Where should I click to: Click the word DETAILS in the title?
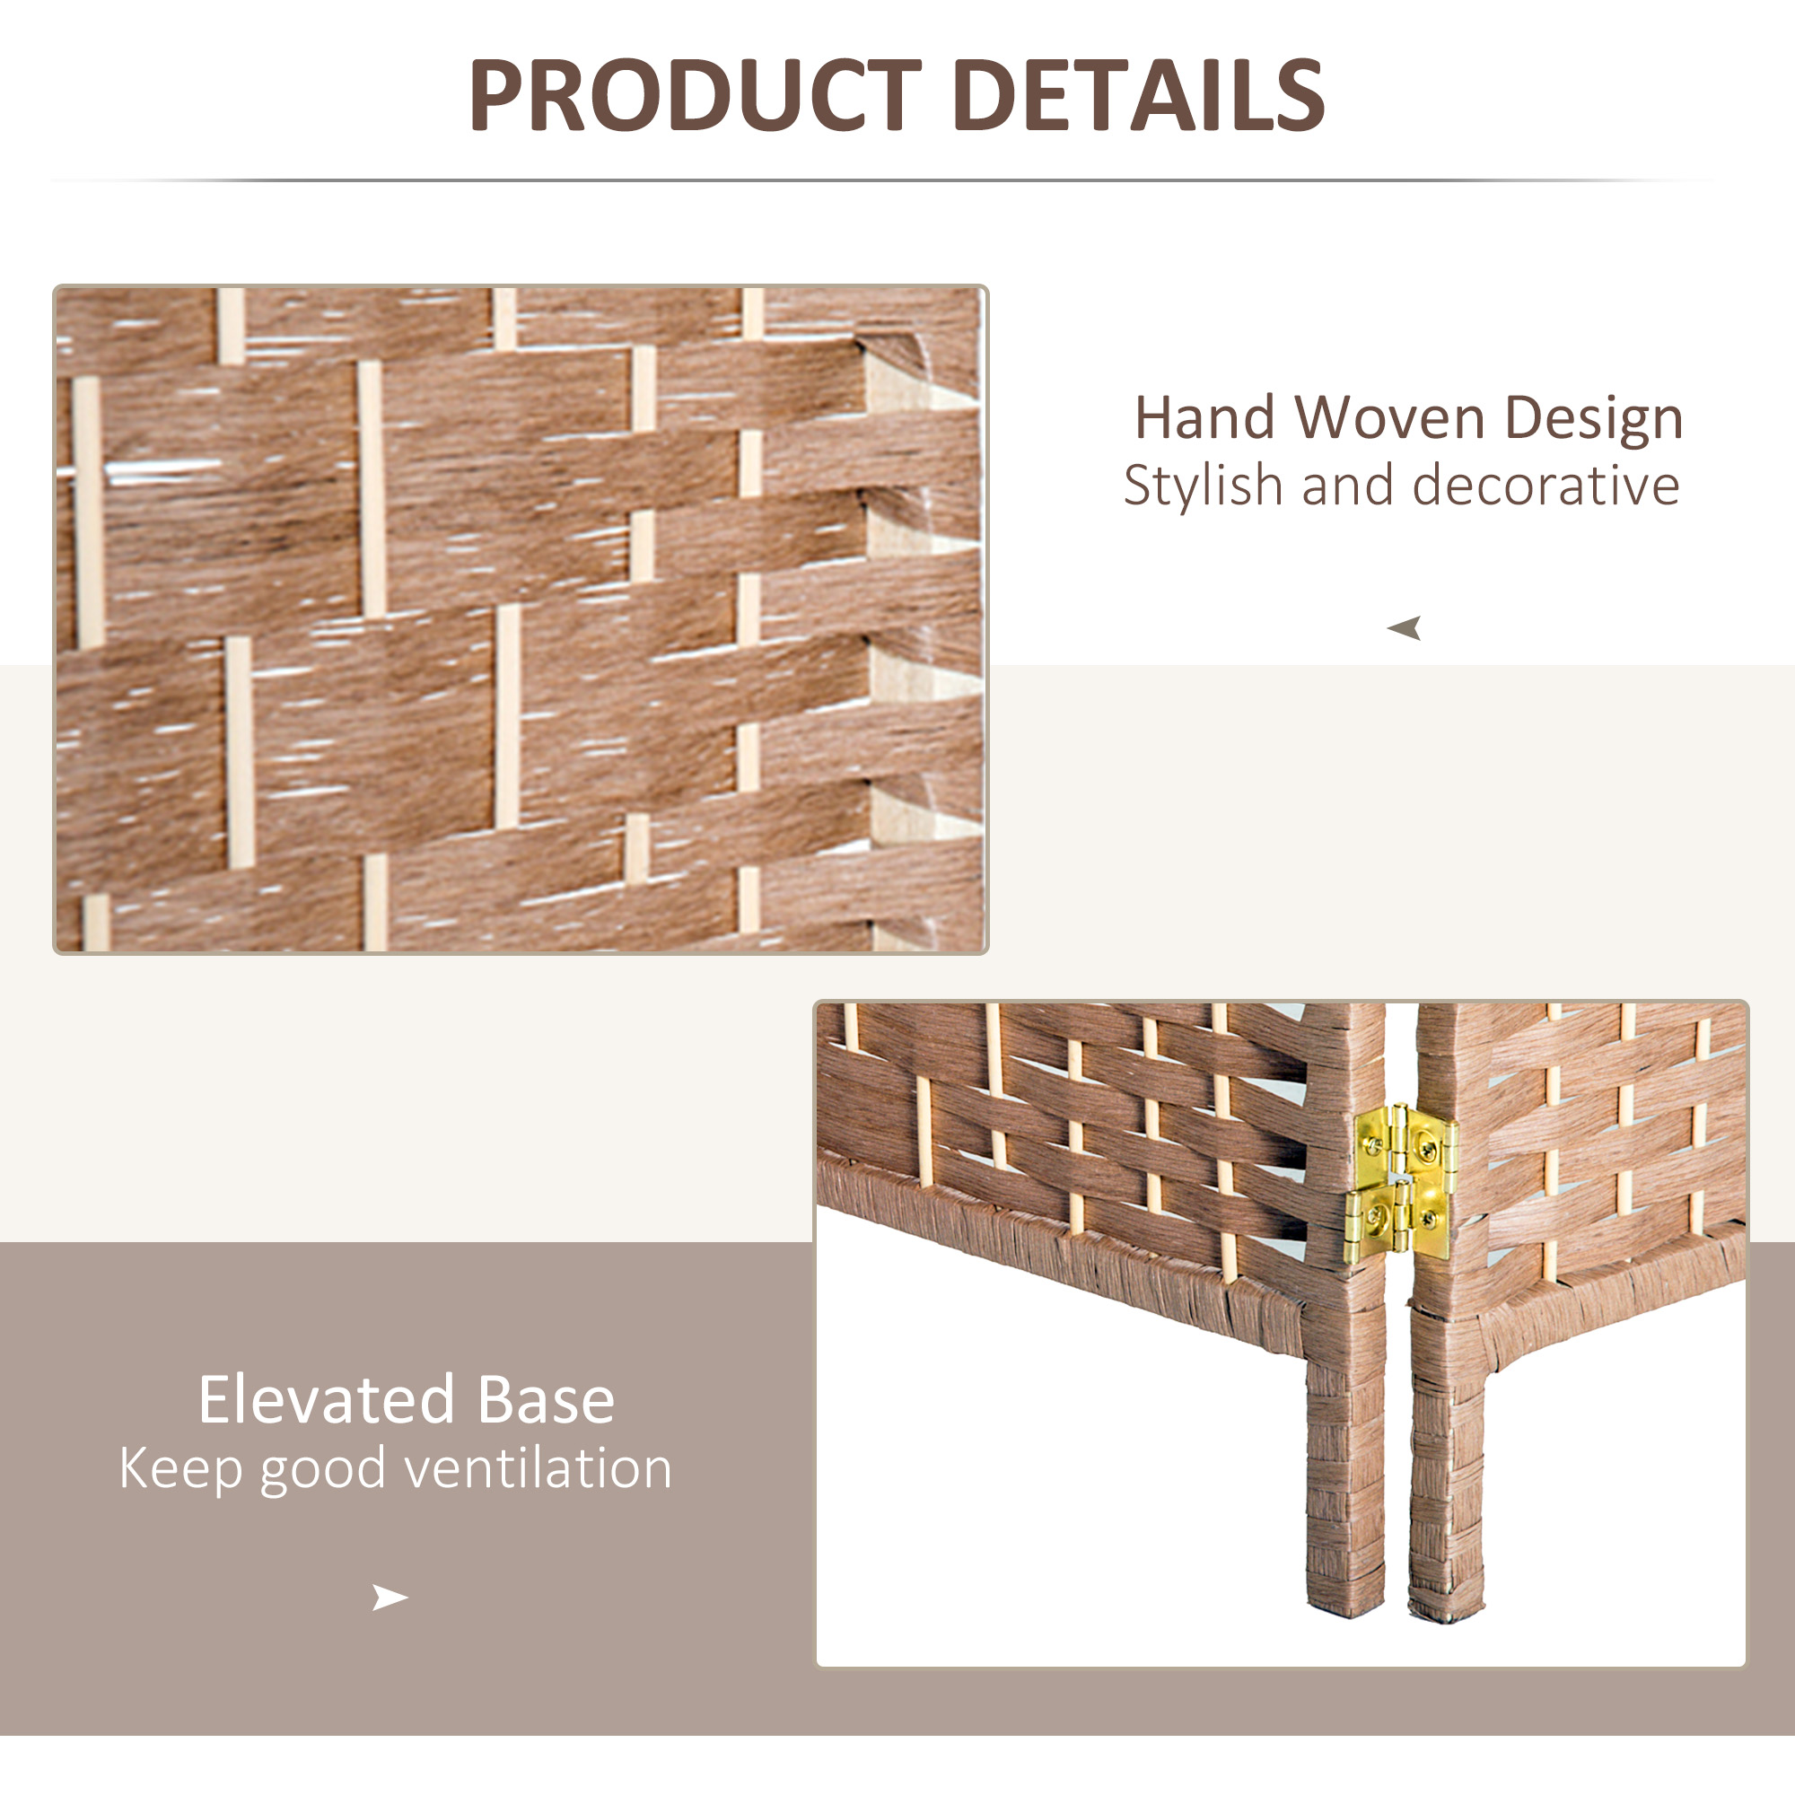click(1139, 95)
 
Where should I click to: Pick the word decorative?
click(1546, 485)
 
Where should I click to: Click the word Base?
click(547, 1400)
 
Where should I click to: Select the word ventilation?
click(538, 1469)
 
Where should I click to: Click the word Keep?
click(181, 1470)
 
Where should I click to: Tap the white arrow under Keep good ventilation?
click(390, 1598)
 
